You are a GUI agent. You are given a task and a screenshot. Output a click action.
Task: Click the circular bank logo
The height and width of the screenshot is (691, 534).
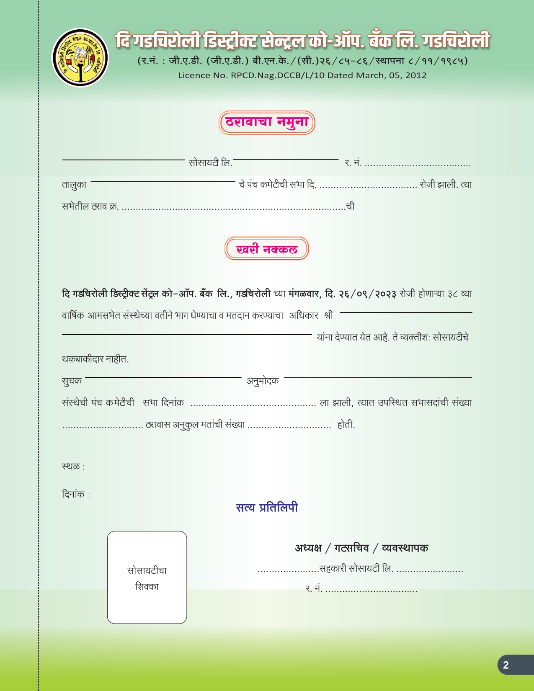(x=80, y=58)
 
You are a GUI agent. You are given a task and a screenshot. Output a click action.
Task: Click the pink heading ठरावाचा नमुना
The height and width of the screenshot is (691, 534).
(x=267, y=122)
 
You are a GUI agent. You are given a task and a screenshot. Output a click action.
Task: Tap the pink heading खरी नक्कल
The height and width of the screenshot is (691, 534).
(x=267, y=249)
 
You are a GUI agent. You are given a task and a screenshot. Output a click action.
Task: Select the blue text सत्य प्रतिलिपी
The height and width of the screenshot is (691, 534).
(x=267, y=508)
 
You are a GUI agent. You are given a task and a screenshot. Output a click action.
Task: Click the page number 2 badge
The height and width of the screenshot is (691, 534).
(x=506, y=665)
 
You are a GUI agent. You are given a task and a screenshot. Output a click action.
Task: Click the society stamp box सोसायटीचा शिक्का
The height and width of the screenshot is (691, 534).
(x=147, y=578)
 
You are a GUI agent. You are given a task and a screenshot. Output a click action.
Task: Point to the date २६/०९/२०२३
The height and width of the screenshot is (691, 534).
(x=367, y=294)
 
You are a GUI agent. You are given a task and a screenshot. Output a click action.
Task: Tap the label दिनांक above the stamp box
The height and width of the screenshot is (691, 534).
(x=73, y=495)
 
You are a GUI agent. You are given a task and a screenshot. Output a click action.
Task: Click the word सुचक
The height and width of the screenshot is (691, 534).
(x=72, y=381)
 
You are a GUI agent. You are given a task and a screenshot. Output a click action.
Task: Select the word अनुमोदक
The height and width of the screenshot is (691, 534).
(x=263, y=381)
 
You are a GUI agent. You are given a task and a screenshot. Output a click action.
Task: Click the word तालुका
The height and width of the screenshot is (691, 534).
(x=74, y=185)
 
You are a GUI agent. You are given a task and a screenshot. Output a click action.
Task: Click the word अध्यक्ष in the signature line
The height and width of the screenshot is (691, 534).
(x=308, y=548)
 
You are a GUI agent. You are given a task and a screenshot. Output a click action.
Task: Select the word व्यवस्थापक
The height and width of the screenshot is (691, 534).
(x=405, y=548)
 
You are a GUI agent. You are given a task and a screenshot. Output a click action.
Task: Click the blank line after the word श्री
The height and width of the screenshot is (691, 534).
(x=405, y=312)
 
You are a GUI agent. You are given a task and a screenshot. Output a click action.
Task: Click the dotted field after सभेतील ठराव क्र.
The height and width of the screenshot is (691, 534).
(x=233, y=207)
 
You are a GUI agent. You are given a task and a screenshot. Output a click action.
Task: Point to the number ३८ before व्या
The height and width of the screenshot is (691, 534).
(x=453, y=294)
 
